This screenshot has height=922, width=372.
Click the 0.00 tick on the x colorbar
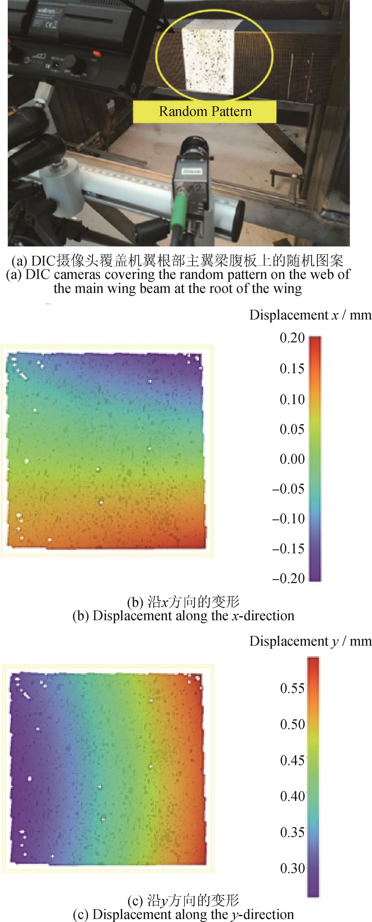pyautogui.click(x=292, y=459)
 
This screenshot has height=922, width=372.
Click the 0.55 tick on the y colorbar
pyautogui.click(x=292, y=688)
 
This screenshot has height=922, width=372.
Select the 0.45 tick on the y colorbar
pyautogui.click(x=292, y=760)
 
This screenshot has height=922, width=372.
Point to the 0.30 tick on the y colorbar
pyautogui.click(x=292, y=868)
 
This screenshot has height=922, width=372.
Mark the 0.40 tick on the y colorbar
pyautogui.click(x=292, y=796)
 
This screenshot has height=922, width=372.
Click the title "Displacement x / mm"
pyautogui.click(x=310, y=315)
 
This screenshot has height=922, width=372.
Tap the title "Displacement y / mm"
pyautogui.click(x=310, y=641)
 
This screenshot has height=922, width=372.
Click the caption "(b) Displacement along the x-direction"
pyautogui.click(x=183, y=616)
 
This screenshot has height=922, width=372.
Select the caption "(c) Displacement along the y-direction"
pyautogui.click(x=183, y=914)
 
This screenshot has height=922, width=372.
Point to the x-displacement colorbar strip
pyautogui.click(x=315, y=458)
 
